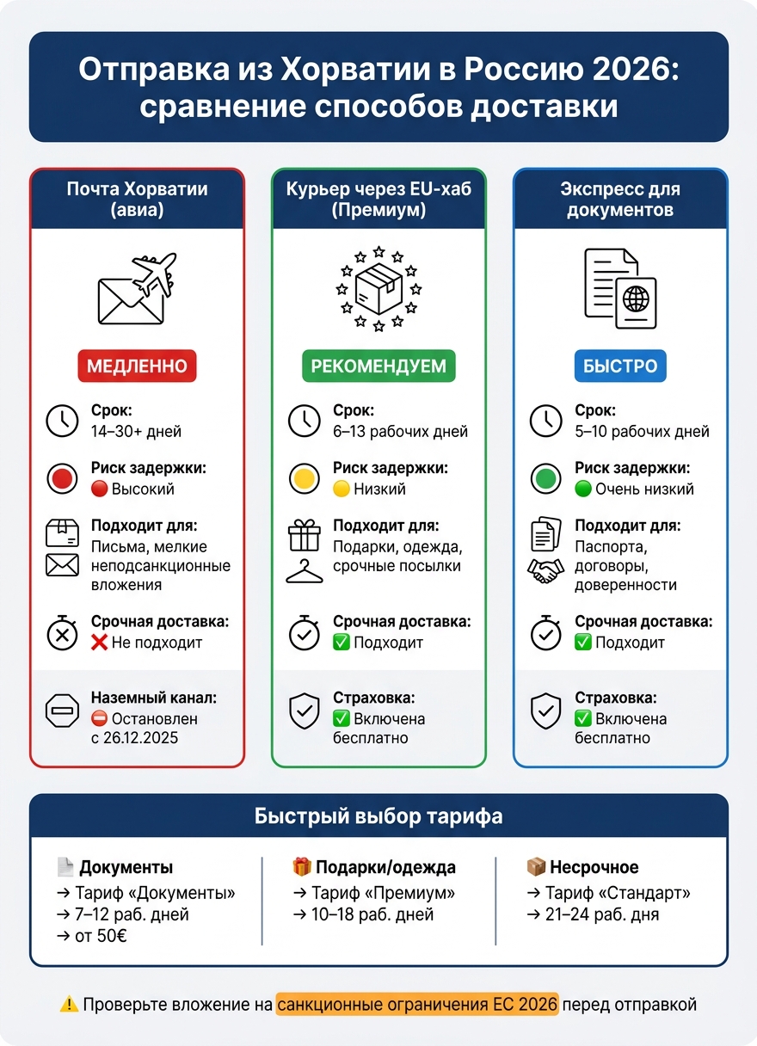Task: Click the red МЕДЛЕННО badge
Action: tap(137, 366)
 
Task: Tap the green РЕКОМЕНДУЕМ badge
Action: tap(378, 366)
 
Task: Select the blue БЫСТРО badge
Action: tap(620, 366)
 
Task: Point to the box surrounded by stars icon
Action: tap(378, 288)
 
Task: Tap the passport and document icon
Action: tap(620, 288)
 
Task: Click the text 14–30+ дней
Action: tap(136, 431)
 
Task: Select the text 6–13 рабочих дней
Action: tap(400, 431)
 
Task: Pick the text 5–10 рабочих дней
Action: tap(642, 431)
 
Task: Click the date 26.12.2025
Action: tap(140, 738)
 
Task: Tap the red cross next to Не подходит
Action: tap(99, 642)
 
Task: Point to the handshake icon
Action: tap(545, 570)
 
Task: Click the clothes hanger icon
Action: tap(304, 571)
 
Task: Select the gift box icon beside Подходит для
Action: tap(304, 535)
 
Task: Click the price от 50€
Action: tap(101, 935)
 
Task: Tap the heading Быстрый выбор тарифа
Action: tap(378, 815)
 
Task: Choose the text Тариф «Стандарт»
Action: tap(618, 892)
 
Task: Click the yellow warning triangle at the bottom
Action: tap(69, 1004)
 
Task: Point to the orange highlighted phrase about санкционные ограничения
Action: tap(417, 1004)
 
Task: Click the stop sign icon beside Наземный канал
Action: tap(62, 711)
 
